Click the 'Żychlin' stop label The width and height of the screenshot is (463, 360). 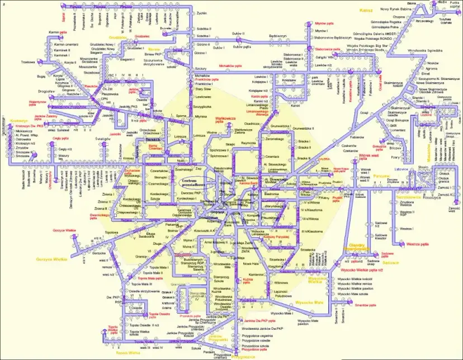(x=202, y=12)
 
